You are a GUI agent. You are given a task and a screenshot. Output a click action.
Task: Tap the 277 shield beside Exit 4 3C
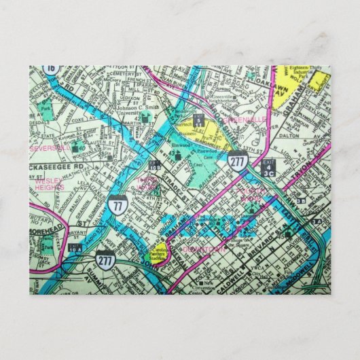coord(237,162)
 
